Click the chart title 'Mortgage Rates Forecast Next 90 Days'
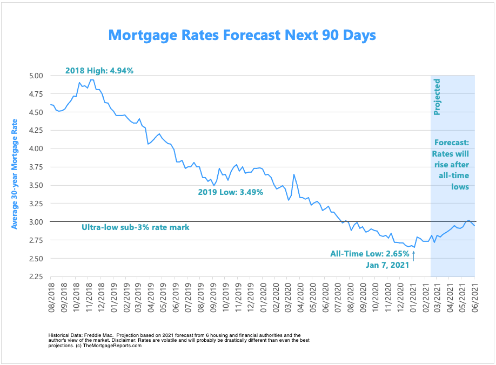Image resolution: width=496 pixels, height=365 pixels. click(x=242, y=35)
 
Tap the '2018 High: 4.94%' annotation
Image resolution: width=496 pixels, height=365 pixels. click(x=99, y=70)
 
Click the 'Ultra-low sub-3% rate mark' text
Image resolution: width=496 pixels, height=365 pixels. click(x=135, y=227)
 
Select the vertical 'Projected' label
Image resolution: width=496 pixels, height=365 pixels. click(x=437, y=97)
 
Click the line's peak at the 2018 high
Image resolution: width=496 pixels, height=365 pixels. click(x=91, y=80)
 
